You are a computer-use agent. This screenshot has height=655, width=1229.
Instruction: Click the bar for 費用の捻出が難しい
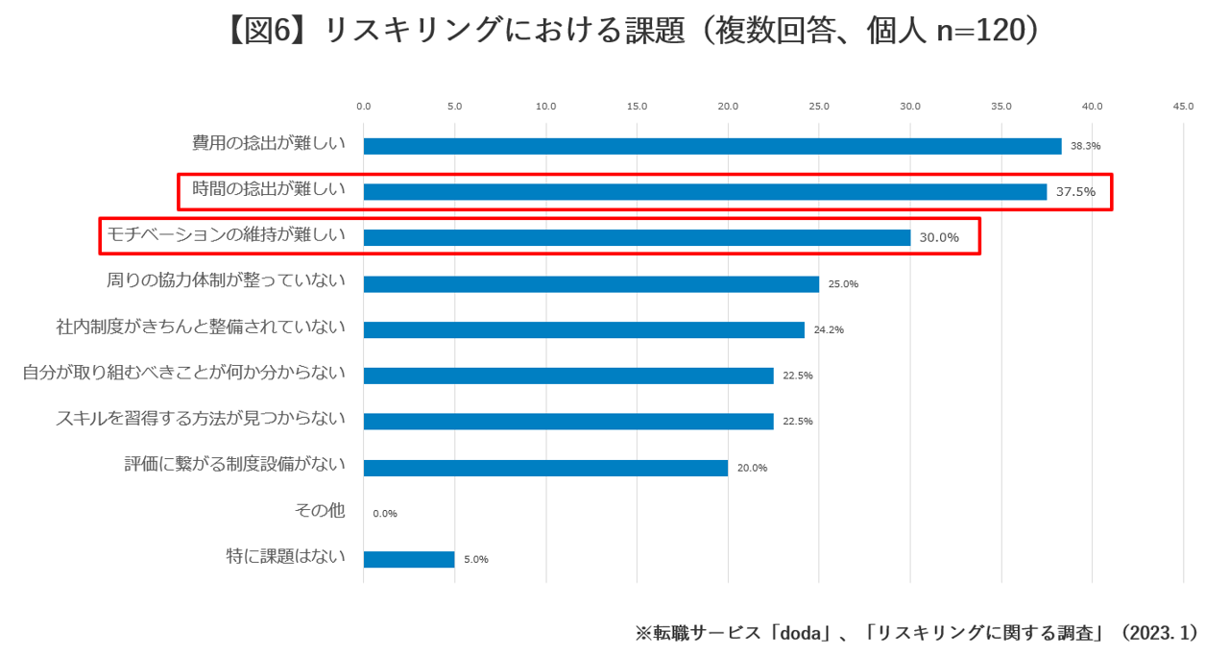tap(711, 146)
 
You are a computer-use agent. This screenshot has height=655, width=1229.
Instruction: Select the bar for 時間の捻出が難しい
tap(705, 192)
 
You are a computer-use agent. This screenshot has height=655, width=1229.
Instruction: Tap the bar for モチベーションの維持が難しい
tap(637, 237)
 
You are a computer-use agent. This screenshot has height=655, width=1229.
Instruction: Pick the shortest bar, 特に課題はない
tap(409, 559)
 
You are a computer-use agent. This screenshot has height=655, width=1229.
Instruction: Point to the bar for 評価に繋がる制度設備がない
tap(545, 468)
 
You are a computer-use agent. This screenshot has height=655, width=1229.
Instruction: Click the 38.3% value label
tap(1085, 146)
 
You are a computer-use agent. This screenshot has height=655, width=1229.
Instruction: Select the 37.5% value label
tap(1075, 192)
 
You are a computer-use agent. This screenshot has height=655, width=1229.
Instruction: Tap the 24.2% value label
tap(829, 329)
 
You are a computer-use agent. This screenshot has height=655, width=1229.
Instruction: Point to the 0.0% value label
tap(385, 514)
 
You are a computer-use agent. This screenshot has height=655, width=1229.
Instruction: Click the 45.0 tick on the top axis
tap(1183, 107)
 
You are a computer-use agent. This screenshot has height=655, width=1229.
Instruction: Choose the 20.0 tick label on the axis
tap(728, 107)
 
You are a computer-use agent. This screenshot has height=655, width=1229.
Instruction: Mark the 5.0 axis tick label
tap(454, 107)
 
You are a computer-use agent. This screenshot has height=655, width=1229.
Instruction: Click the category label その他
tap(320, 510)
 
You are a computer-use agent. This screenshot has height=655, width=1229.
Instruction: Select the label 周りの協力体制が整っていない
tap(226, 281)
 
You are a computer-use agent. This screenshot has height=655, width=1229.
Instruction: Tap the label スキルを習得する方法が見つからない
tap(201, 419)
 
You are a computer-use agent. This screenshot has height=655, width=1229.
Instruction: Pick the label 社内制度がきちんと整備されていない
tap(201, 327)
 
